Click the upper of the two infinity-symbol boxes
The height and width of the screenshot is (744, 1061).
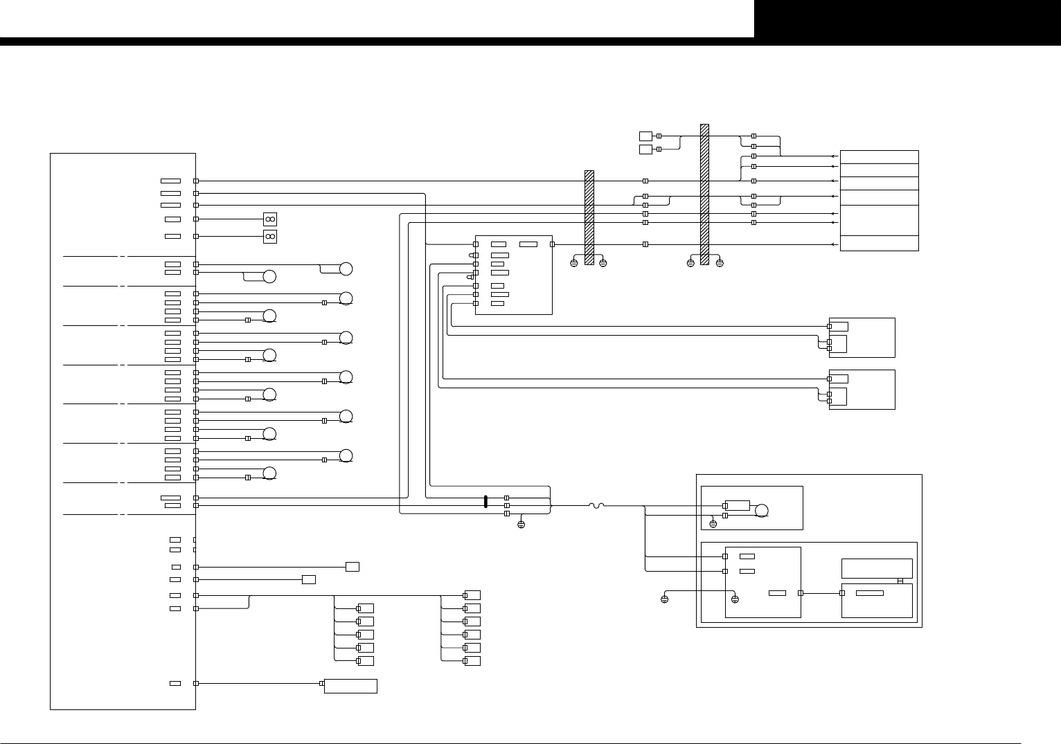pyautogui.click(x=270, y=219)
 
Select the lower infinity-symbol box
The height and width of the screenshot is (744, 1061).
pyautogui.click(x=270, y=237)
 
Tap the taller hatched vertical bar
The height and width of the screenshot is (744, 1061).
pyautogui.click(x=704, y=194)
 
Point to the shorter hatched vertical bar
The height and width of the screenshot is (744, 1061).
pyautogui.click(x=589, y=217)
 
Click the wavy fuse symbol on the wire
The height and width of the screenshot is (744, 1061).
pyautogui.click(x=596, y=506)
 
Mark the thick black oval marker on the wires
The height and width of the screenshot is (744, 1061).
pyautogui.click(x=485, y=502)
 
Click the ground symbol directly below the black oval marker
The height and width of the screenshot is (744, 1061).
pyautogui.click(x=521, y=525)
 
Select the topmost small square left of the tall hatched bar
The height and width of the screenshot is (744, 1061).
pyautogui.click(x=645, y=136)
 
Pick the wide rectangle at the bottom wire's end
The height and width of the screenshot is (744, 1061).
pyautogui.click(x=350, y=686)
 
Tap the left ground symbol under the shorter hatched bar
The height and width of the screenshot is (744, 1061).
pyautogui.click(x=573, y=264)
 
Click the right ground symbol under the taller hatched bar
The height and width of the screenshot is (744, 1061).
pyautogui.click(x=720, y=264)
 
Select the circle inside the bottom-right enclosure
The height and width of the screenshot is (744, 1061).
pyautogui.click(x=761, y=511)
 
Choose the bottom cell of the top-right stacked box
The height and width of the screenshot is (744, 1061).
pyautogui.click(x=879, y=244)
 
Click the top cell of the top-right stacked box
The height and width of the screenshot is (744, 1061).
pyautogui.click(x=879, y=157)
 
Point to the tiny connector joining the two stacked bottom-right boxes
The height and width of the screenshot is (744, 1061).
pyautogui.click(x=900, y=581)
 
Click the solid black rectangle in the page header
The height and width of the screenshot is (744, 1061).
pyautogui.click(x=907, y=19)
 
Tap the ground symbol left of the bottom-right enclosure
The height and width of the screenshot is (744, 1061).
pyautogui.click(x=664, y=599)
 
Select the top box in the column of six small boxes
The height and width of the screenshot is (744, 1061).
pyautogui.click(x=472, y=595)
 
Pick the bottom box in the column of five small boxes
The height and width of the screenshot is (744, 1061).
pyautogui.click(x=366, y=661)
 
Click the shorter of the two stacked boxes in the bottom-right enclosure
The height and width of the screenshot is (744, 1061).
pyautogui.click(x=877, y=568)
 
